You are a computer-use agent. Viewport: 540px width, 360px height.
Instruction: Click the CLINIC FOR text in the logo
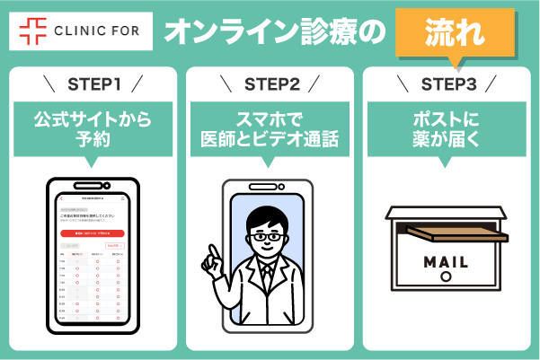pos(97,32)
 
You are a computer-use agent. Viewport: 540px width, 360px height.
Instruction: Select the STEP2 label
pos(270,85)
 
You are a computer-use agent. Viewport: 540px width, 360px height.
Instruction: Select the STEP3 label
pos(447,85)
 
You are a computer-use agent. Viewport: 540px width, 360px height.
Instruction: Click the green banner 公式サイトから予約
pos(93,127)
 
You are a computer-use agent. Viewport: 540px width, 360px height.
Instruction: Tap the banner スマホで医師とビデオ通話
pos(270,127)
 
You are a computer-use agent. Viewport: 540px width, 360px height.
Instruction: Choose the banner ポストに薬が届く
pos(447,127)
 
